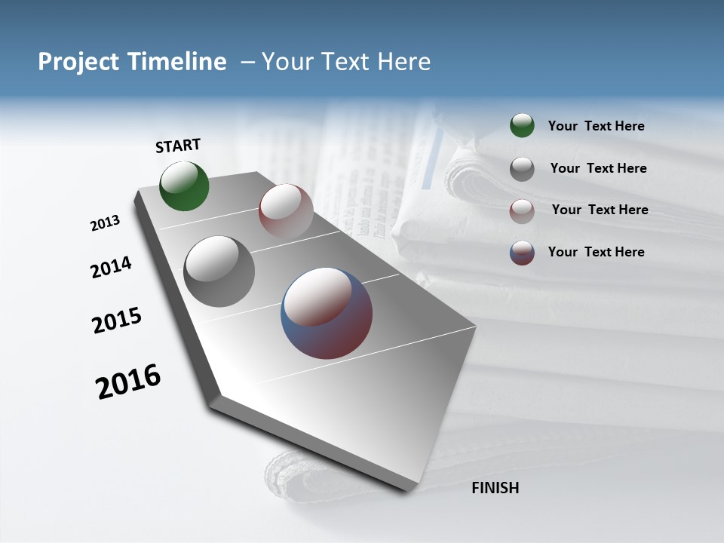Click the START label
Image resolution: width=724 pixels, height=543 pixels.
click(178, 146)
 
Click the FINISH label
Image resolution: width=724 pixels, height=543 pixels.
click(495, 488)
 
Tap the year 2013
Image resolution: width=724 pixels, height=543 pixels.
click(105, 223)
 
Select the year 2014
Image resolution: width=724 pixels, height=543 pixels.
click(111, 268)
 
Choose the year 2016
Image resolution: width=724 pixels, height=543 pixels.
click(128, 382)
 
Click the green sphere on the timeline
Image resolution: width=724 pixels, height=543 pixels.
click(184, 186)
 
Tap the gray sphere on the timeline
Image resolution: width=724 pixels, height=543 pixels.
click(219, 271)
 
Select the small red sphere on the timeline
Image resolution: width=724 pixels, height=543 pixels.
click(286, 210)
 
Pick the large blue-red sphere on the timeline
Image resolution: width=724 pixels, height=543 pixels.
click(327, 313)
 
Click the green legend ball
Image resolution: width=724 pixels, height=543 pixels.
click(522, 125)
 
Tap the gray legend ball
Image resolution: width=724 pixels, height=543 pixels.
click(522, 168)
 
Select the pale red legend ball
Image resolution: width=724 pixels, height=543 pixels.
click(522, 210)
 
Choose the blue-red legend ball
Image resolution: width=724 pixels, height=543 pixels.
click(522, 252)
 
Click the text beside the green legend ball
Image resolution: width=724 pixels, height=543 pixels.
click(596, 126)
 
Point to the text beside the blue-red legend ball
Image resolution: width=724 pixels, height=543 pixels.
click(596, 252)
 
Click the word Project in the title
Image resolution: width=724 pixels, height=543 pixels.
click(77, 62)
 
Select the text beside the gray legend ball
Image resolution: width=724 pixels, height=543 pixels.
click(598, 168)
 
